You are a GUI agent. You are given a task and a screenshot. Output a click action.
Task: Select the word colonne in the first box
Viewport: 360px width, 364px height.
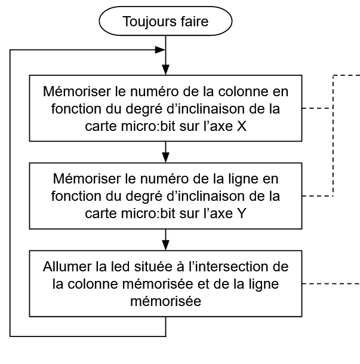[x=244, y=91]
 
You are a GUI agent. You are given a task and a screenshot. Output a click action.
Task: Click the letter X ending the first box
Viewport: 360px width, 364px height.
[x=242, y=126]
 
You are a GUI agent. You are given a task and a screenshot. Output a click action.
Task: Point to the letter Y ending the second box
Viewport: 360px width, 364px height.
[x=242, y=213]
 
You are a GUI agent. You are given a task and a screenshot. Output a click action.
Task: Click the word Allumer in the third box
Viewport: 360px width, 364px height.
[x=67, y=267]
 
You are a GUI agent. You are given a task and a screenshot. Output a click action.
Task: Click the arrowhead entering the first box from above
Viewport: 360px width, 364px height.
[x=165, y=70]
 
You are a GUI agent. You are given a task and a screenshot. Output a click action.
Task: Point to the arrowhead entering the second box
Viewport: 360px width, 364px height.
[x=165, y=158]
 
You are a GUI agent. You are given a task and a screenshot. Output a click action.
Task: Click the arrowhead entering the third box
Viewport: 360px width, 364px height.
[x=165, y=246]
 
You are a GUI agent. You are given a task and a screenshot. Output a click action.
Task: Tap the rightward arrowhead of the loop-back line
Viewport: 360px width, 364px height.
[x=160, y=50]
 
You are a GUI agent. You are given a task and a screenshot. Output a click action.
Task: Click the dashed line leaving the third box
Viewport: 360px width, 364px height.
[x=331, y=284]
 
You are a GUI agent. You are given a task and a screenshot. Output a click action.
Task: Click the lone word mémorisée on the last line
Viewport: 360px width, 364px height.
[x=165, y=301]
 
